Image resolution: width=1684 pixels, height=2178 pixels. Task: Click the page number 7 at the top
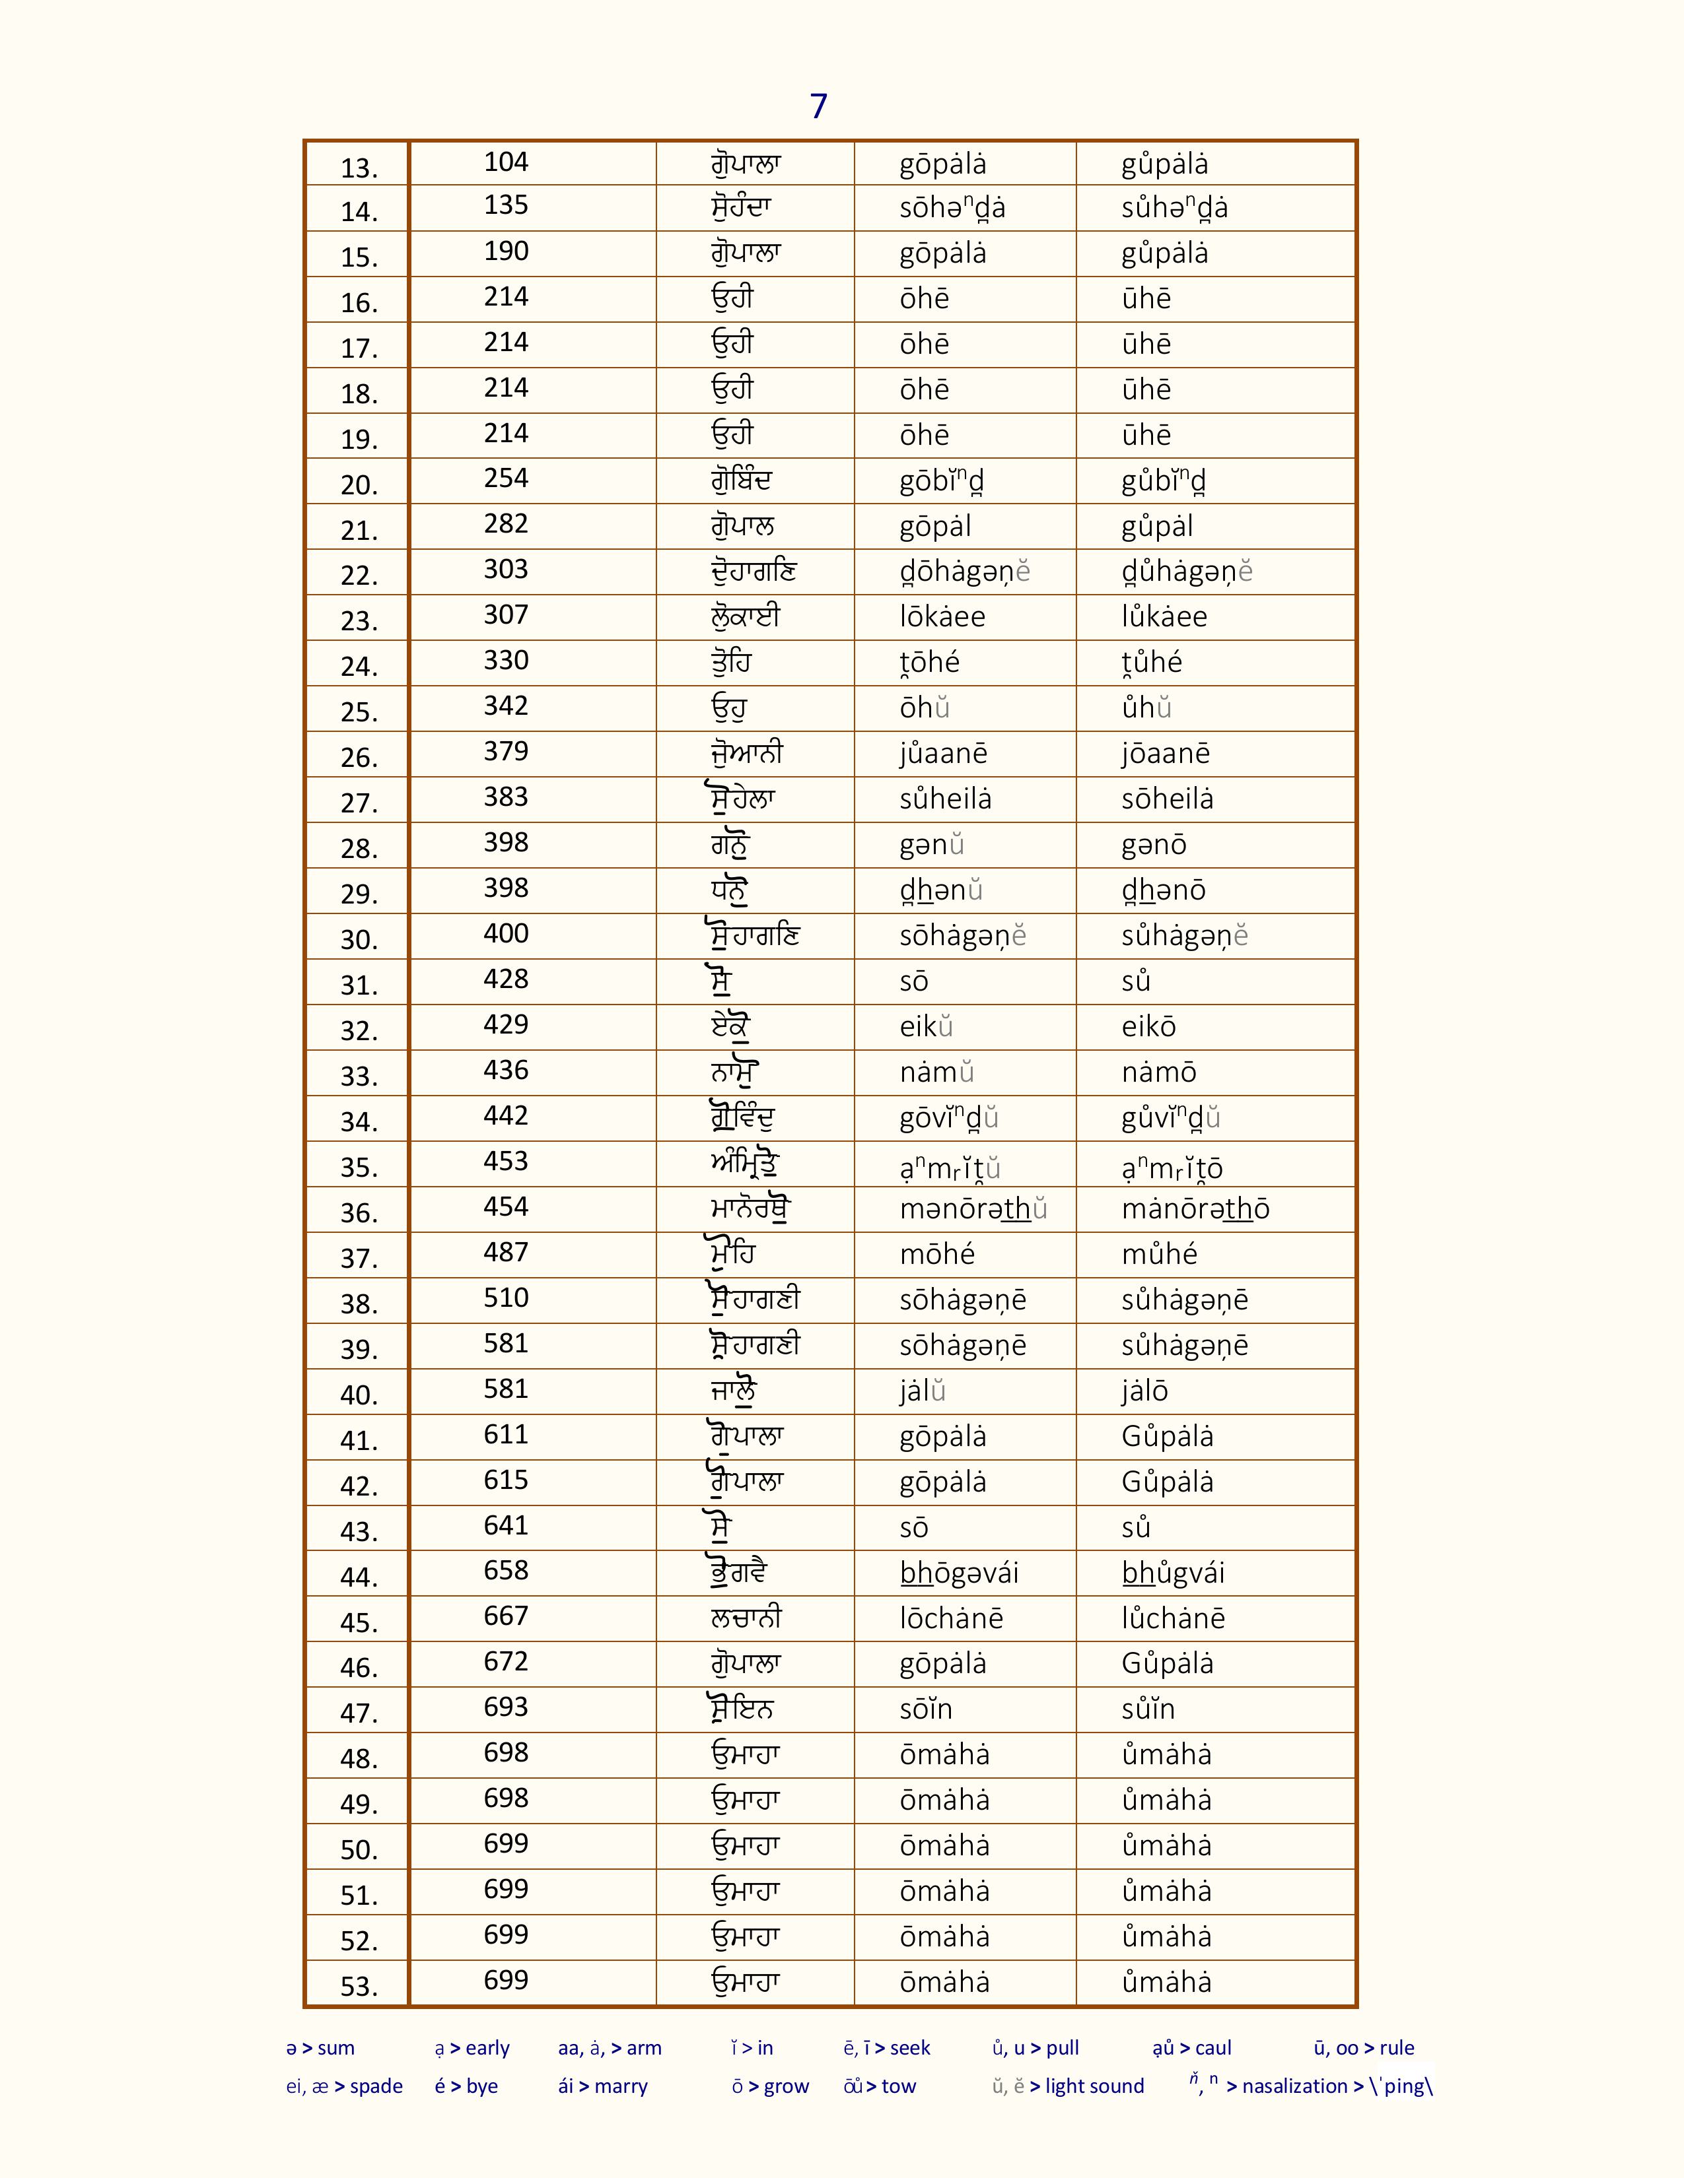tap(818, 106)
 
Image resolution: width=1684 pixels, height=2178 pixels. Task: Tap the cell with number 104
tap(506, 162)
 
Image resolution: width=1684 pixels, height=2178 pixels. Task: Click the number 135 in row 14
tap(506, 205)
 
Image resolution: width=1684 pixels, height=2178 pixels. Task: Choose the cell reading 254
tap(506, 478)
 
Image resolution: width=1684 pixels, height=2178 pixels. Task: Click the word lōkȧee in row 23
tap(942, 617)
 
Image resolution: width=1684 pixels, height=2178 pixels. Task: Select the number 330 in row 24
tap(506, 660)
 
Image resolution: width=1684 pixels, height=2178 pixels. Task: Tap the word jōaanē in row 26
tap(1164, 754)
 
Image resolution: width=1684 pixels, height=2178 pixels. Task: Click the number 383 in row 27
tap(506, 797)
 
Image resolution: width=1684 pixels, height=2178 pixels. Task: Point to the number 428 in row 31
tap(506, 979)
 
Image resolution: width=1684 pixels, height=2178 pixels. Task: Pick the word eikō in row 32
tap(1148, 1027)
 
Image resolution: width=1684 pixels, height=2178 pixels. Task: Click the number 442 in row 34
tap(506, 1116)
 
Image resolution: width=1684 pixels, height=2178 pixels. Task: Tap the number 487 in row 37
tap(506, 1253)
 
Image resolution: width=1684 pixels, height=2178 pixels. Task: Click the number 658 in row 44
tap(506, 1571)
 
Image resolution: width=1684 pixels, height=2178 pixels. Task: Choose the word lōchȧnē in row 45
tap(951, 1618)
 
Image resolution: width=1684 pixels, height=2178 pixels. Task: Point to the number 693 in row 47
tap(506, 1707)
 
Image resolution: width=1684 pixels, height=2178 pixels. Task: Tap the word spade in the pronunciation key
tap(376, 2086)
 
